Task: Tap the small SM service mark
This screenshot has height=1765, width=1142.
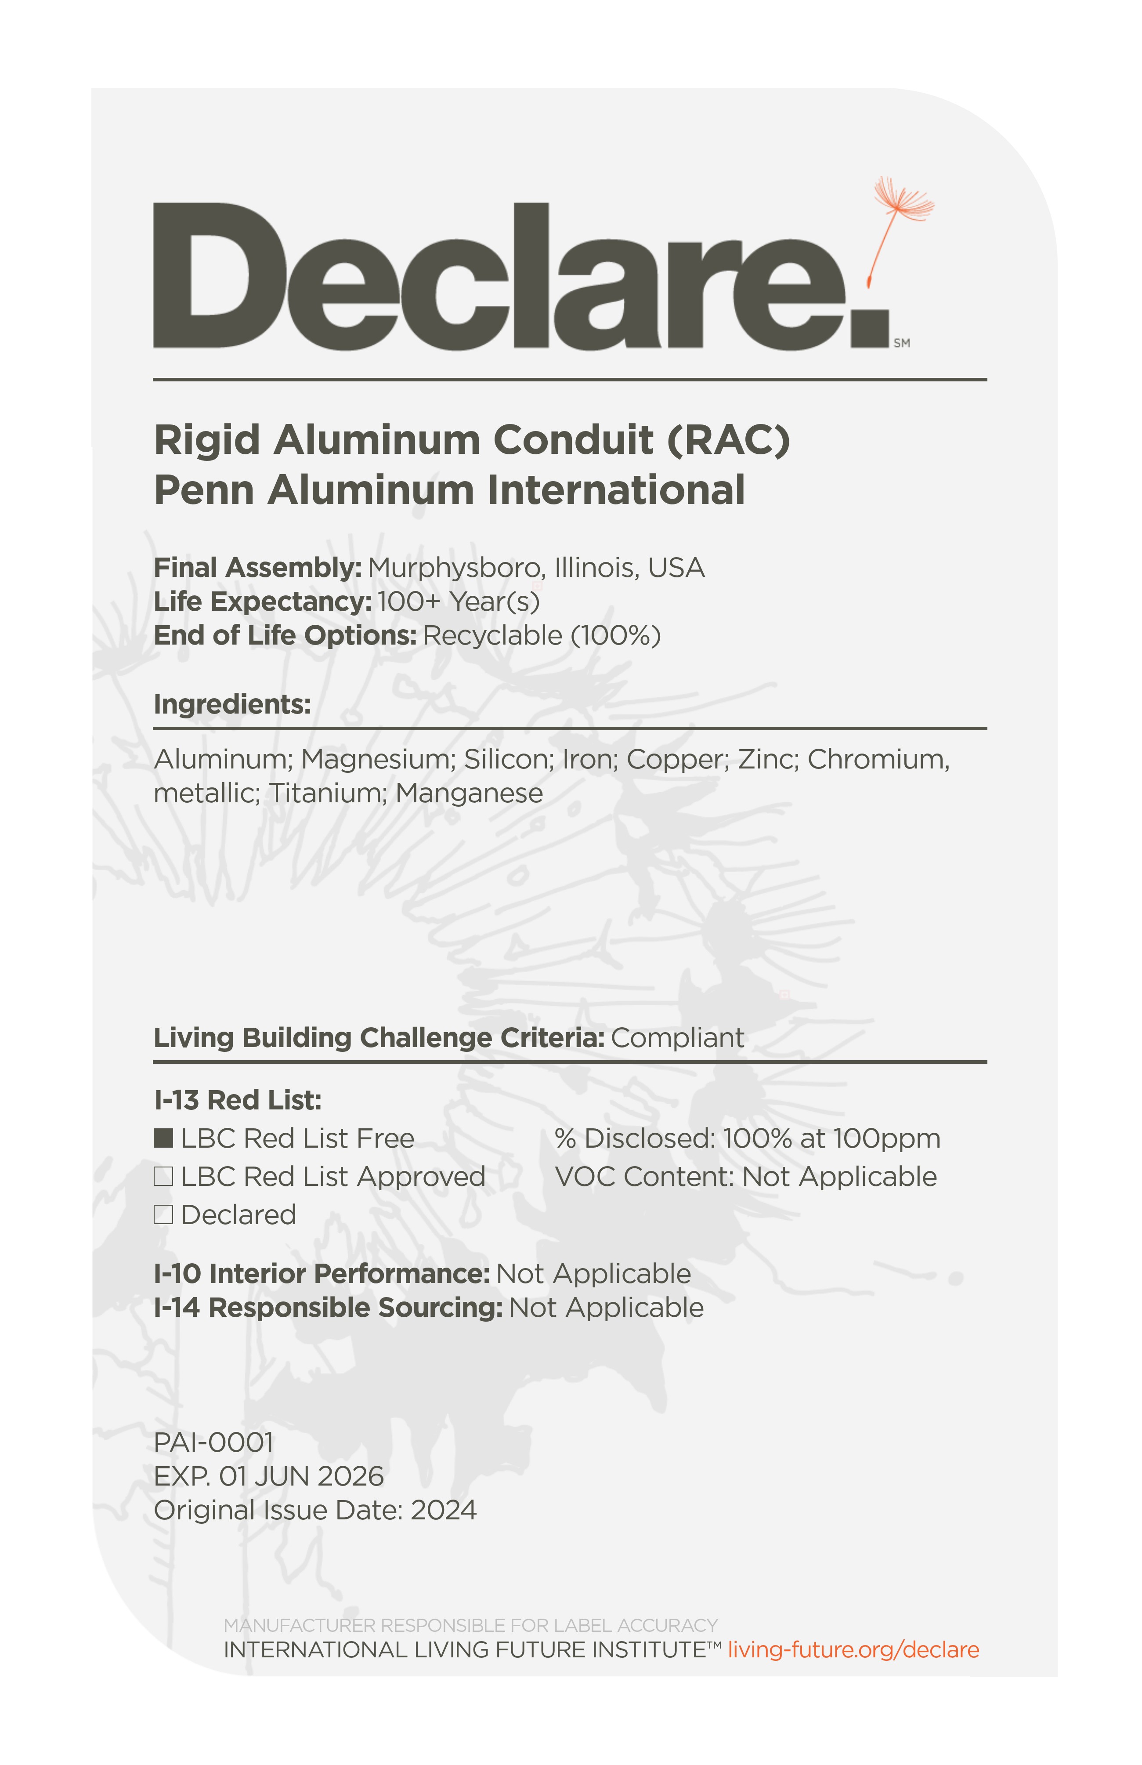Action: point(902,343)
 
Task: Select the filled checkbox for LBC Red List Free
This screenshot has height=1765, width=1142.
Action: point(163,1138)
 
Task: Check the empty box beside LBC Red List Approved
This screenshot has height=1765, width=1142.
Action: point(163,1177)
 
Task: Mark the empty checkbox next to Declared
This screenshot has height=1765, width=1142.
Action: point(163,1215)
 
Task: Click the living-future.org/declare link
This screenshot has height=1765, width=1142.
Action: point(853,1649)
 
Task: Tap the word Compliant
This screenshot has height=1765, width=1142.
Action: point(677,1037)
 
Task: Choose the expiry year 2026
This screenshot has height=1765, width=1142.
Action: point(350,1476)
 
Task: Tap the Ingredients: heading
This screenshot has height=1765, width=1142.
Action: point(232,704)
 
